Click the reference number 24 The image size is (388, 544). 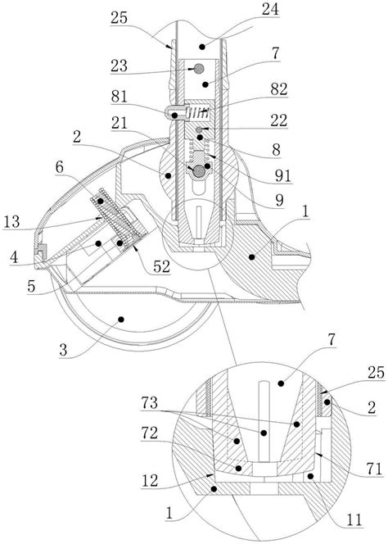point(270,9)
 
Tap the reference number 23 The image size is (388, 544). point(119,66)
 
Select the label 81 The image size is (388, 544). point(119,97)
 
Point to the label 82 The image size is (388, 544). point(279,89)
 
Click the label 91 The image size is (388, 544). point(282,176)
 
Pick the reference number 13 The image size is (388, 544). point(11,221)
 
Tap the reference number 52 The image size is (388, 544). point(162,266)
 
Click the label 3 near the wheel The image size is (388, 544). point(63,350)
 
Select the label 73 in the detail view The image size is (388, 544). point(150,403)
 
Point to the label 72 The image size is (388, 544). point(150,433)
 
